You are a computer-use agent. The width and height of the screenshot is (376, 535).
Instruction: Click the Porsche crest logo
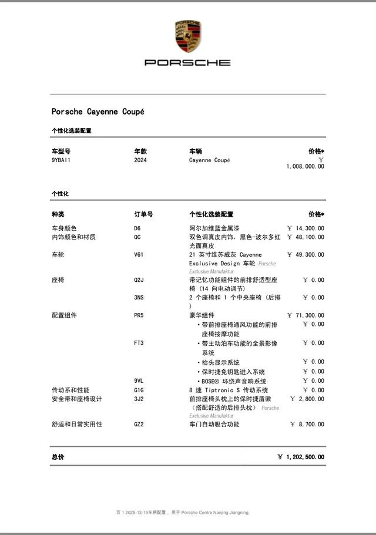coord(187,36)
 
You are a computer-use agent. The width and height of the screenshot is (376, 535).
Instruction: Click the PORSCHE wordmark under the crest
coord(187,62)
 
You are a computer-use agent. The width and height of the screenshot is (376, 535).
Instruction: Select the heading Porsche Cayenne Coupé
coord(98,112)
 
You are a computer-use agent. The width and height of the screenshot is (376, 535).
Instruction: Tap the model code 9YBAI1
coord(61,160)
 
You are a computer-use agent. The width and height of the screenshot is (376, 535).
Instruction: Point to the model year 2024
coord(140,160)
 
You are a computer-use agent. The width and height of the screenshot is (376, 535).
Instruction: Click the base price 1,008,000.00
coord(305,166)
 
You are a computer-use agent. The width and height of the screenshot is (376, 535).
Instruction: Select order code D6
coord(137,228)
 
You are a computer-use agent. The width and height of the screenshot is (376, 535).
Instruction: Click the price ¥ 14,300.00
coord(305,228)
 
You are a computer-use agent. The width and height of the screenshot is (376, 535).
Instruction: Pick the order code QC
coord(137,237)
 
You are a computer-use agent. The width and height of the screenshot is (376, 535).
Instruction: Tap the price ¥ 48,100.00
coord(305,237)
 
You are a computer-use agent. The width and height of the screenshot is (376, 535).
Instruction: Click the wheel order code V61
coord(139,254)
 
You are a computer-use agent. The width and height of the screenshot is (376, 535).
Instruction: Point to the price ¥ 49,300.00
coord(305,254)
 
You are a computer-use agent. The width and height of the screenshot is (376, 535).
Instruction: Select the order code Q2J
coord(139,280)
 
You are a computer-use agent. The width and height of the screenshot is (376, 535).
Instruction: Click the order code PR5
coord(139,315)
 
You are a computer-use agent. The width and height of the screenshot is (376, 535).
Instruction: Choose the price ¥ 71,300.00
coord(305,315)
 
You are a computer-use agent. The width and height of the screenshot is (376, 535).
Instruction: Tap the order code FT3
coord(139,343)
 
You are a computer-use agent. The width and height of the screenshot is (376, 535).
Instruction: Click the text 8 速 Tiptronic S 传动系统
coord(229,390)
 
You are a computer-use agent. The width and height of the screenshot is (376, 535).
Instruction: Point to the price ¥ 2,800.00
coord(307,399)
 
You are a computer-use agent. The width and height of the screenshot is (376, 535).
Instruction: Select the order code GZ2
coord(139,424)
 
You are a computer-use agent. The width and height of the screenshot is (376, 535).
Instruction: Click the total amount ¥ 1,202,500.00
coord(301,457)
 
